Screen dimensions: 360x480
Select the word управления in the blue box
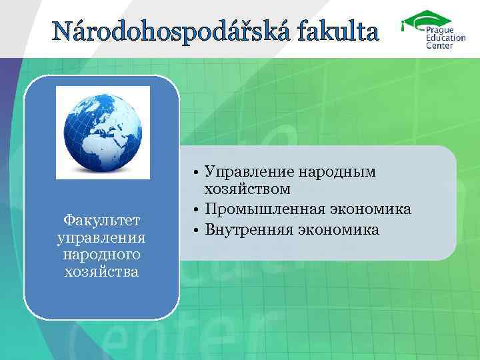click(102, 237)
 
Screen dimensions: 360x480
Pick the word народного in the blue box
click(102, 254)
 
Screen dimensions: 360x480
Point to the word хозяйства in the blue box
click(102, 271)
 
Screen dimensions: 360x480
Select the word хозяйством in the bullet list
click(247, 190)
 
